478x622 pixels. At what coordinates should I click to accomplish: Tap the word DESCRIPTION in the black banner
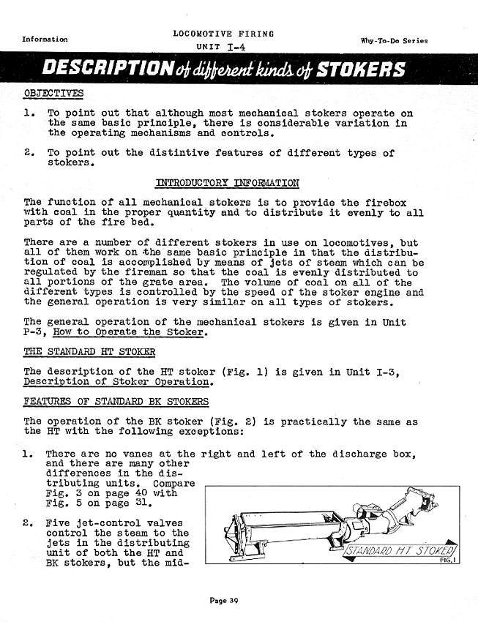point(103,70)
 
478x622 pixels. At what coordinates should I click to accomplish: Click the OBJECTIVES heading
point(53,93)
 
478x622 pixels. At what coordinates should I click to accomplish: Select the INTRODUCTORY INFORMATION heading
point(227,182)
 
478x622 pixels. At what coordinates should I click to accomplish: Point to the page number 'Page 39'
point(225,600)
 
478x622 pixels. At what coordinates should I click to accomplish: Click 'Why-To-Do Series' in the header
point(394,41)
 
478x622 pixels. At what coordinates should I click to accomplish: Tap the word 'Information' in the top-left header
point(45,39)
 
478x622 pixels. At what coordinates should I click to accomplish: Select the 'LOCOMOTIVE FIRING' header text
point(223,34)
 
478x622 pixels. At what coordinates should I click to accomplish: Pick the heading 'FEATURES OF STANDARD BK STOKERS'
point(116,402)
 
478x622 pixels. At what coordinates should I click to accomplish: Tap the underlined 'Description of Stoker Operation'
point(118,382)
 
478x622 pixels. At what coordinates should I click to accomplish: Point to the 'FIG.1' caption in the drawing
point(444,558)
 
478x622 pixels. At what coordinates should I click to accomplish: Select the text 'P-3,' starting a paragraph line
point(36,334)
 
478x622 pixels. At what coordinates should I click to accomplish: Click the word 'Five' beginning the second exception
point(58,523)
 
